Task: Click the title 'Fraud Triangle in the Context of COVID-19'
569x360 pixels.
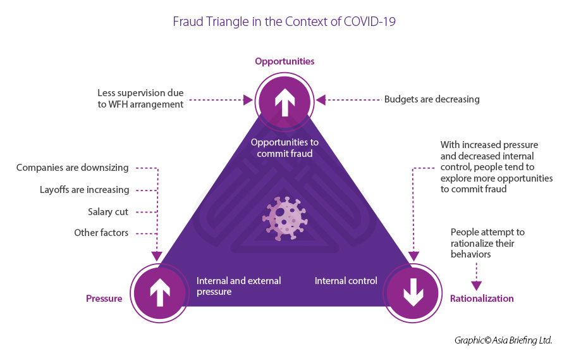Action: pos(284,22)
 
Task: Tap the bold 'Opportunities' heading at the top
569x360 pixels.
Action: pos(284,61)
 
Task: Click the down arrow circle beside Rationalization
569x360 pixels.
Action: pos(412,292)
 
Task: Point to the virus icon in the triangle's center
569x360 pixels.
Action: pos(284,218)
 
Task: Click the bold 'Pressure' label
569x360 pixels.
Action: pos(104,299)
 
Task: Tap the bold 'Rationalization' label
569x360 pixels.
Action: pos(482,299)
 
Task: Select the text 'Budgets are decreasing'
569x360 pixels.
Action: pos(432,99)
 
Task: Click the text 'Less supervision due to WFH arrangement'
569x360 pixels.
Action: pos(140,98)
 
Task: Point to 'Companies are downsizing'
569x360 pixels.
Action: pos(72,168)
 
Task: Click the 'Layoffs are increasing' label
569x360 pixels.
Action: pos(84,190)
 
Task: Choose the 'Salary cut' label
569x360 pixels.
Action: pos(108,212)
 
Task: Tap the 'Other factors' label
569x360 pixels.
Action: pos(101,233)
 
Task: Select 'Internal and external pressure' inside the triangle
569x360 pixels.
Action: pos(238,286)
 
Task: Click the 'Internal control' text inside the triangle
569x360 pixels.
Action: pos(346,281)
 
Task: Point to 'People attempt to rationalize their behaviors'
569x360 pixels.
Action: pos(487,244)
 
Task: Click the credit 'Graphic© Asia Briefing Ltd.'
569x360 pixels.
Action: pos(503,340)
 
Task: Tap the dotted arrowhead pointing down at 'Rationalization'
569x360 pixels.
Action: pos(476,285)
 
